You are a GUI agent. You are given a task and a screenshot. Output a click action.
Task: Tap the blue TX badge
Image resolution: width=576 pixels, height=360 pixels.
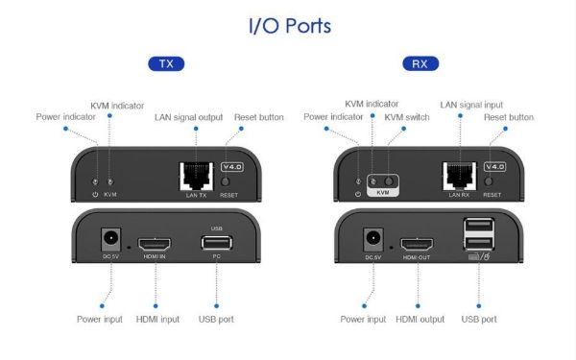[x=165, y=65]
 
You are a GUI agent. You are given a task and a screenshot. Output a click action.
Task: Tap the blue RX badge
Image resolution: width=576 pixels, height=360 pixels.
[x=419, y=65]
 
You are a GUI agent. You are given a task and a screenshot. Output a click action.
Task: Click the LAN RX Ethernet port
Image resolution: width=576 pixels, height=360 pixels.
[x=458, y=175]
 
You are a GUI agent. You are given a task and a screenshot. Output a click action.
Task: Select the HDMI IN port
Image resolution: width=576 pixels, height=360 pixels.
[x=155, y=244]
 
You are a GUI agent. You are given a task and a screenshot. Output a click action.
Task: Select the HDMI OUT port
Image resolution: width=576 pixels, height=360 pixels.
[x=415, y=244]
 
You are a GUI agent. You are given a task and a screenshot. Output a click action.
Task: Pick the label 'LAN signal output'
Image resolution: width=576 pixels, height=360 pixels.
[x=188, y=117]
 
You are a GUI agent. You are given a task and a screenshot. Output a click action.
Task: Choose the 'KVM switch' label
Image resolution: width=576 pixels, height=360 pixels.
[x=407, y=117]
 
